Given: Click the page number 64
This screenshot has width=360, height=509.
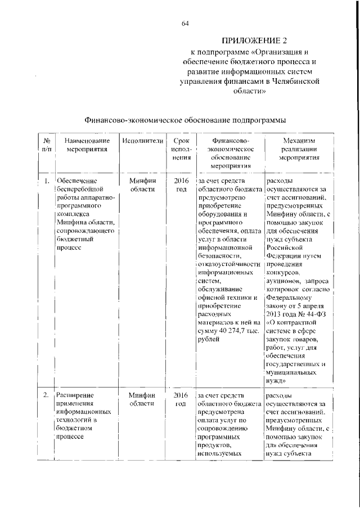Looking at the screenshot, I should (185, 23).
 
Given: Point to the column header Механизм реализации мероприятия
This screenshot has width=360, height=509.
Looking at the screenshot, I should (299, 148).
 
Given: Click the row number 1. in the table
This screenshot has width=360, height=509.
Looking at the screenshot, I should (46, 181).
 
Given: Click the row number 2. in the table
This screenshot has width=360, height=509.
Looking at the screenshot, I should (46, 395).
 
